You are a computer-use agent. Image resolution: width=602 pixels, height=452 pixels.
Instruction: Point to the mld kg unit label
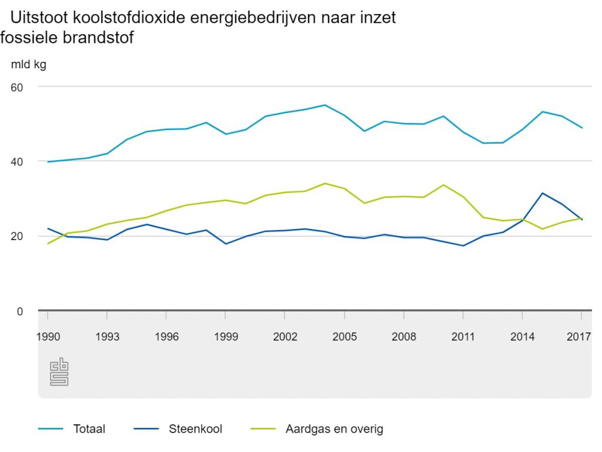tap(28, 65)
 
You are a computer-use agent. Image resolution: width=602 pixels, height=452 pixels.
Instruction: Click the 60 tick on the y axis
tap(16, 87)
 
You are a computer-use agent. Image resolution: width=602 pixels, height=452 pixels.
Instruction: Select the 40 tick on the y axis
tap(16, 161)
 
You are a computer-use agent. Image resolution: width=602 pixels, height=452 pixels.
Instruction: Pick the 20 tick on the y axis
tap(16, 236)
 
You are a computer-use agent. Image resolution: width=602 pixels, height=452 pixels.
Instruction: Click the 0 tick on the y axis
tap(19, 311)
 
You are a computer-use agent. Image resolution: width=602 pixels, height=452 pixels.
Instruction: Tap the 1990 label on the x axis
tap(48, 337)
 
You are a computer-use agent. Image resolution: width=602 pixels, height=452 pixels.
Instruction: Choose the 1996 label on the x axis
tap(166, 337)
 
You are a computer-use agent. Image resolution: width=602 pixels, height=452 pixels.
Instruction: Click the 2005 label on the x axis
tap(345, 337)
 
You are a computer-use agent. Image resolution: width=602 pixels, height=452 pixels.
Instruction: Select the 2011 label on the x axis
tap(463, 337)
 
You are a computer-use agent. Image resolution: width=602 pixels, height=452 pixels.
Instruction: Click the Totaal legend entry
tap(89, 429)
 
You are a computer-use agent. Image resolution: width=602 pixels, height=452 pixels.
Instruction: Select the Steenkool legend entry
tap(195, 429)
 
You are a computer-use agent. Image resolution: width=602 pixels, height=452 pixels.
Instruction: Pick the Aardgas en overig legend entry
tap(333, 429)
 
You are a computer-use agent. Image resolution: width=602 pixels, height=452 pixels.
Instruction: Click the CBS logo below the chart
tap(59, 373)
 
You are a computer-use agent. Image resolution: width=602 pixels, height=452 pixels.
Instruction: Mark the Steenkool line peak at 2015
tap(542, 193)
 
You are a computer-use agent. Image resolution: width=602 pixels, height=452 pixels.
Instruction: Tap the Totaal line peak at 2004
tap(325, 105)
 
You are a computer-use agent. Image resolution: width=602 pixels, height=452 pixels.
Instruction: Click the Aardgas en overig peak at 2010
tap(443, 185)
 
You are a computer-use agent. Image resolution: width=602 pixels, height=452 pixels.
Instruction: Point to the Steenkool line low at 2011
tap(463, 245)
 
